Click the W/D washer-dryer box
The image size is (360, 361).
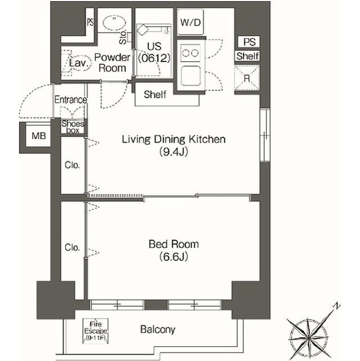coord(190,22)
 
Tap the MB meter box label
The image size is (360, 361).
coord(39,136)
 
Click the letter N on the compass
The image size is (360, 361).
coord(337,306)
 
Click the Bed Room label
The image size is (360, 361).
coord(174,244)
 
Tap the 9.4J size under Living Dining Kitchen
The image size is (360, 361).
coord(174,152)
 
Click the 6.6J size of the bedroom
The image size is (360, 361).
coord(174,257)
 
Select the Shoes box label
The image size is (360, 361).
coord(73,127)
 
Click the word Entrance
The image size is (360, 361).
coord(70,100)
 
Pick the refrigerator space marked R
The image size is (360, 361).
coord(247,78)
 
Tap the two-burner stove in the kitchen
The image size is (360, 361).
coord(190,53)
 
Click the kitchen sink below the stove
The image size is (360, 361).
coord(190,75)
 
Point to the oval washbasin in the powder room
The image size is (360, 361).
coord(114,23)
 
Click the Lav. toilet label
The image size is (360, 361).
coord(79,63)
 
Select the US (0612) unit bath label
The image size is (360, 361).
coord(154,52)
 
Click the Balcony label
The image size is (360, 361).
coord(158,329)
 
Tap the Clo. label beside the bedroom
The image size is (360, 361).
coord(72,248)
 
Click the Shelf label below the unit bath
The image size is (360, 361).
coord(155,94)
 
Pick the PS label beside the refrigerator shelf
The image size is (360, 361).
coord(250,42)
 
